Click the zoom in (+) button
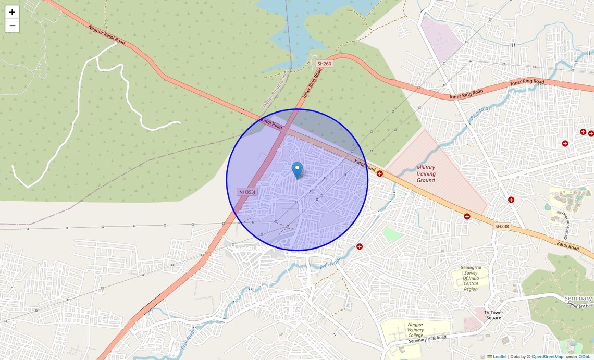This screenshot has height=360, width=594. coord(12,12)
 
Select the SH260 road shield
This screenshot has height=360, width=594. coord(324,64)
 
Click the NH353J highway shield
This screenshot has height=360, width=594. coord(247,192)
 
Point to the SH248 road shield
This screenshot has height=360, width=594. coord(501,227)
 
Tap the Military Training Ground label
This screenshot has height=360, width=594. coord(426,174)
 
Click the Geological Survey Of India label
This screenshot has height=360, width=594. coord(471,278)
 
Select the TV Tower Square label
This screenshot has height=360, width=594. coord(493,315)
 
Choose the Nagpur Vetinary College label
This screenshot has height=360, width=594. coord(415,329)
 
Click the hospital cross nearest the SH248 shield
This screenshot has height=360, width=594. coord(467,216)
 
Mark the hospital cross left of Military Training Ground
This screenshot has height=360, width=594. coord(380,173)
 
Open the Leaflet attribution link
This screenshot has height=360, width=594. coord(500,357)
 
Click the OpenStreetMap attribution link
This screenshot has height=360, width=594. coord(547,357)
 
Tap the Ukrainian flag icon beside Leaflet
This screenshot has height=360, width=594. coord(490,357)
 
